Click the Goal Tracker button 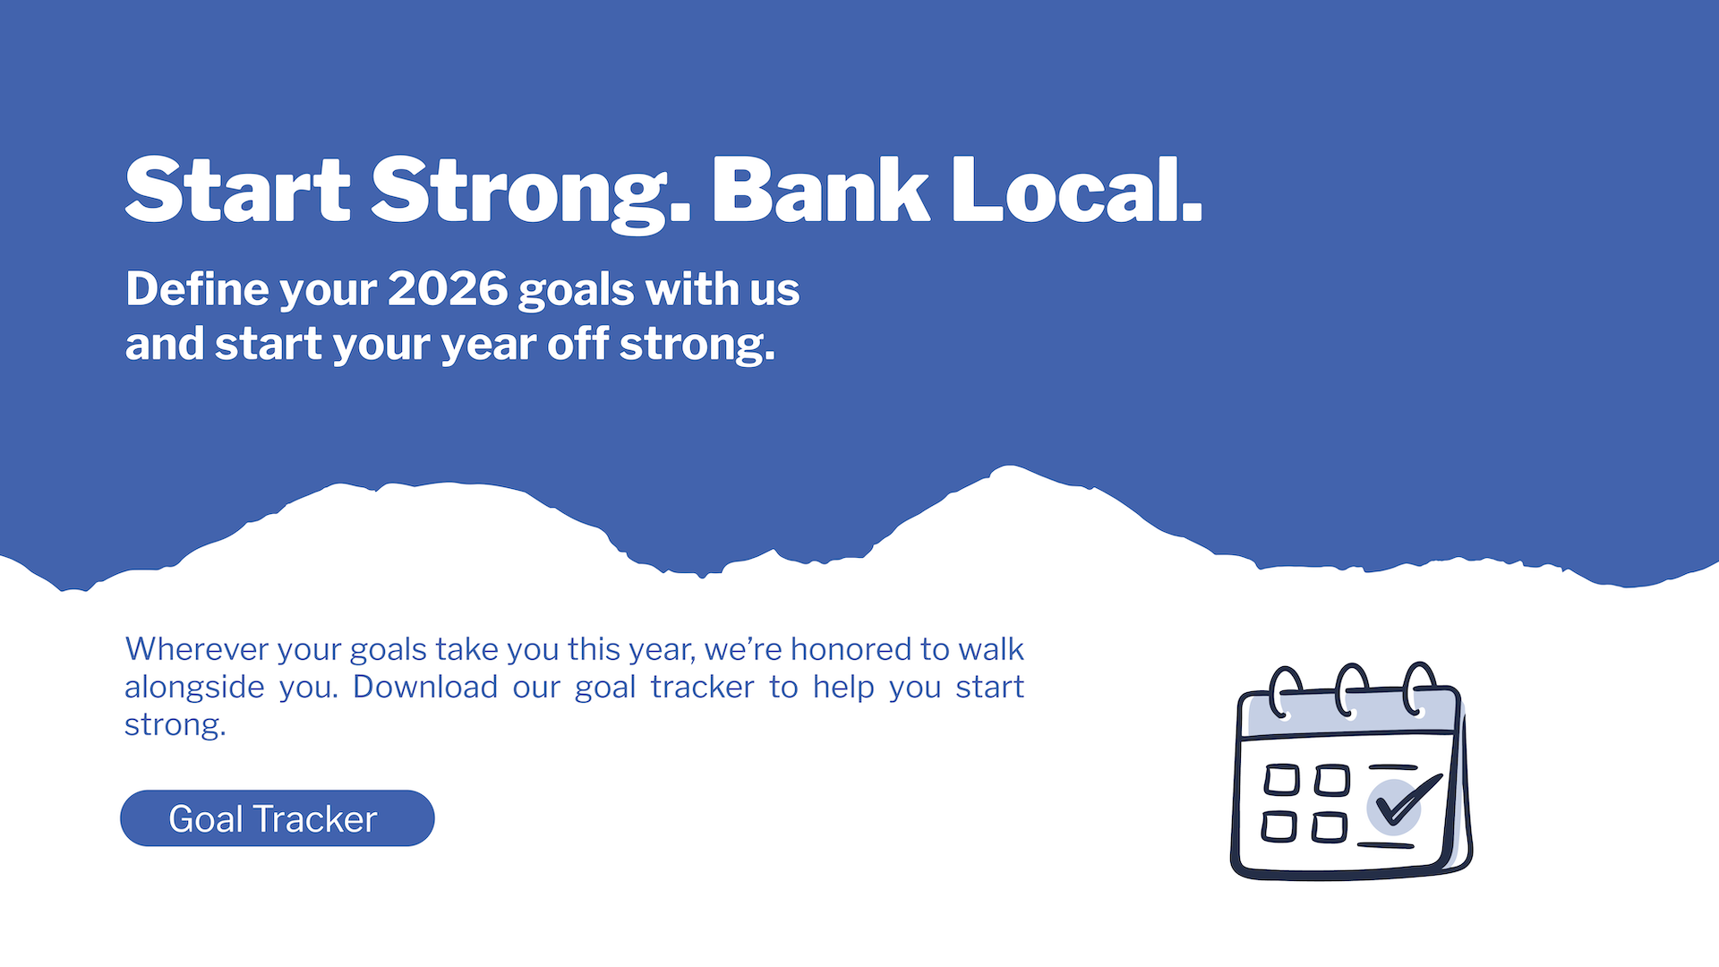point(278,818)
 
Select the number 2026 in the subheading point(448,289)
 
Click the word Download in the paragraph point(425,687)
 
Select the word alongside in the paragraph point(194,687)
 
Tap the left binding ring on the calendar point(1285,692)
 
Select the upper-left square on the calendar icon point(1281,780)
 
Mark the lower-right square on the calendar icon point(1330,827)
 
